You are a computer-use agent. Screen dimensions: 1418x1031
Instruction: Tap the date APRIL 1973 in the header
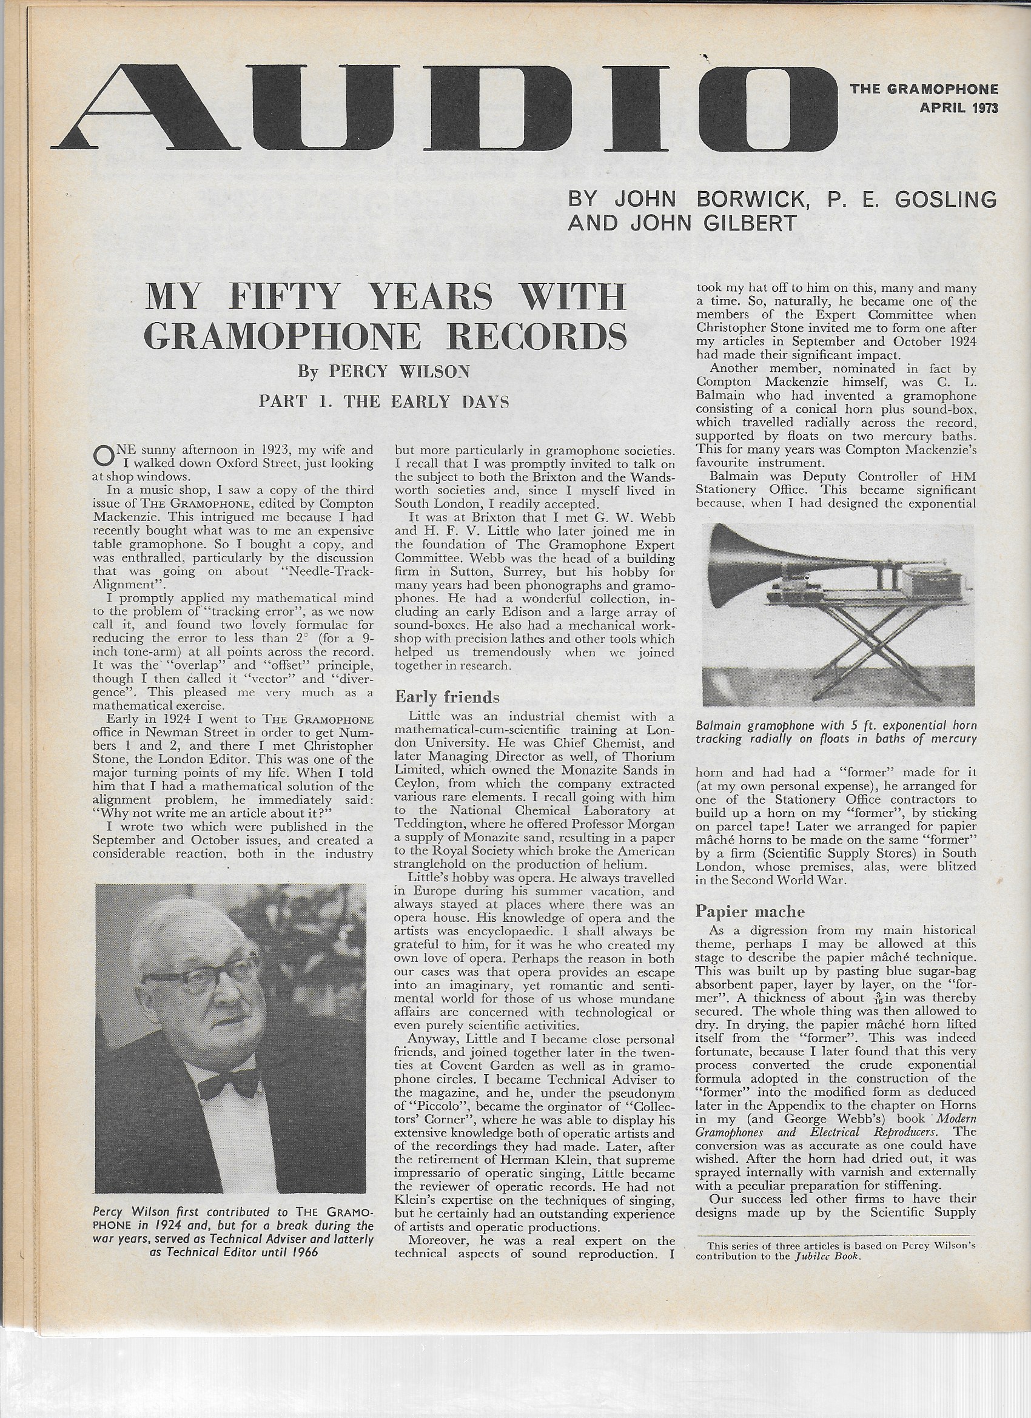958,108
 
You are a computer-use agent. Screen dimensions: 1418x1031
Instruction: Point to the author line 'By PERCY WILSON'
383,372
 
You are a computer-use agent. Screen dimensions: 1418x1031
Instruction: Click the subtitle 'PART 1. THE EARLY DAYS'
384,402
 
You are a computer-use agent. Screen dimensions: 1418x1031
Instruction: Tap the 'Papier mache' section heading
750,912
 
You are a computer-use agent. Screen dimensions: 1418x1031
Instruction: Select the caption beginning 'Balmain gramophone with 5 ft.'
836,733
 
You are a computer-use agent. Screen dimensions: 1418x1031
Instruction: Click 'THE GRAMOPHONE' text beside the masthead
924,89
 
